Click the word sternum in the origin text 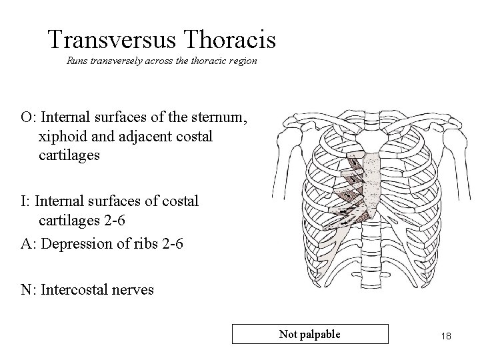coord(223,118)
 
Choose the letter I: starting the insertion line coord(25,200)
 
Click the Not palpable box coord(309,333)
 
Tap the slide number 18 coord(445,336)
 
